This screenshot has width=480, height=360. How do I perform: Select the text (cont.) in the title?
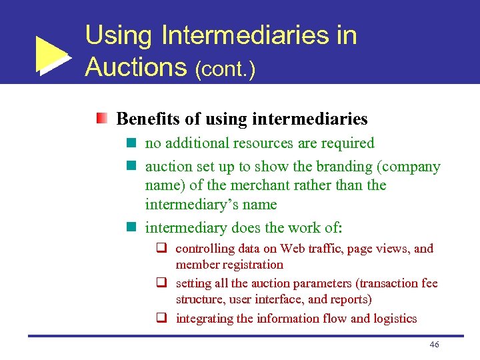(x=225, y=69)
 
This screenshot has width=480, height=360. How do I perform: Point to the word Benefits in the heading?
(x=147, y=119)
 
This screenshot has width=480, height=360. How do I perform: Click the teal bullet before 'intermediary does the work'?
(x=132, y=228)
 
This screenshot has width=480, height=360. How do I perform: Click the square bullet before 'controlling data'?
(x=161, y=249)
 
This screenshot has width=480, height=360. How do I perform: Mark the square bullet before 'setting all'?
(x=161, y=283)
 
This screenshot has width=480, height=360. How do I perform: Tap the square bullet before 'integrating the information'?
(x=161, y=319)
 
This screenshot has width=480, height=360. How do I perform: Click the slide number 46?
(x=434, y=344)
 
